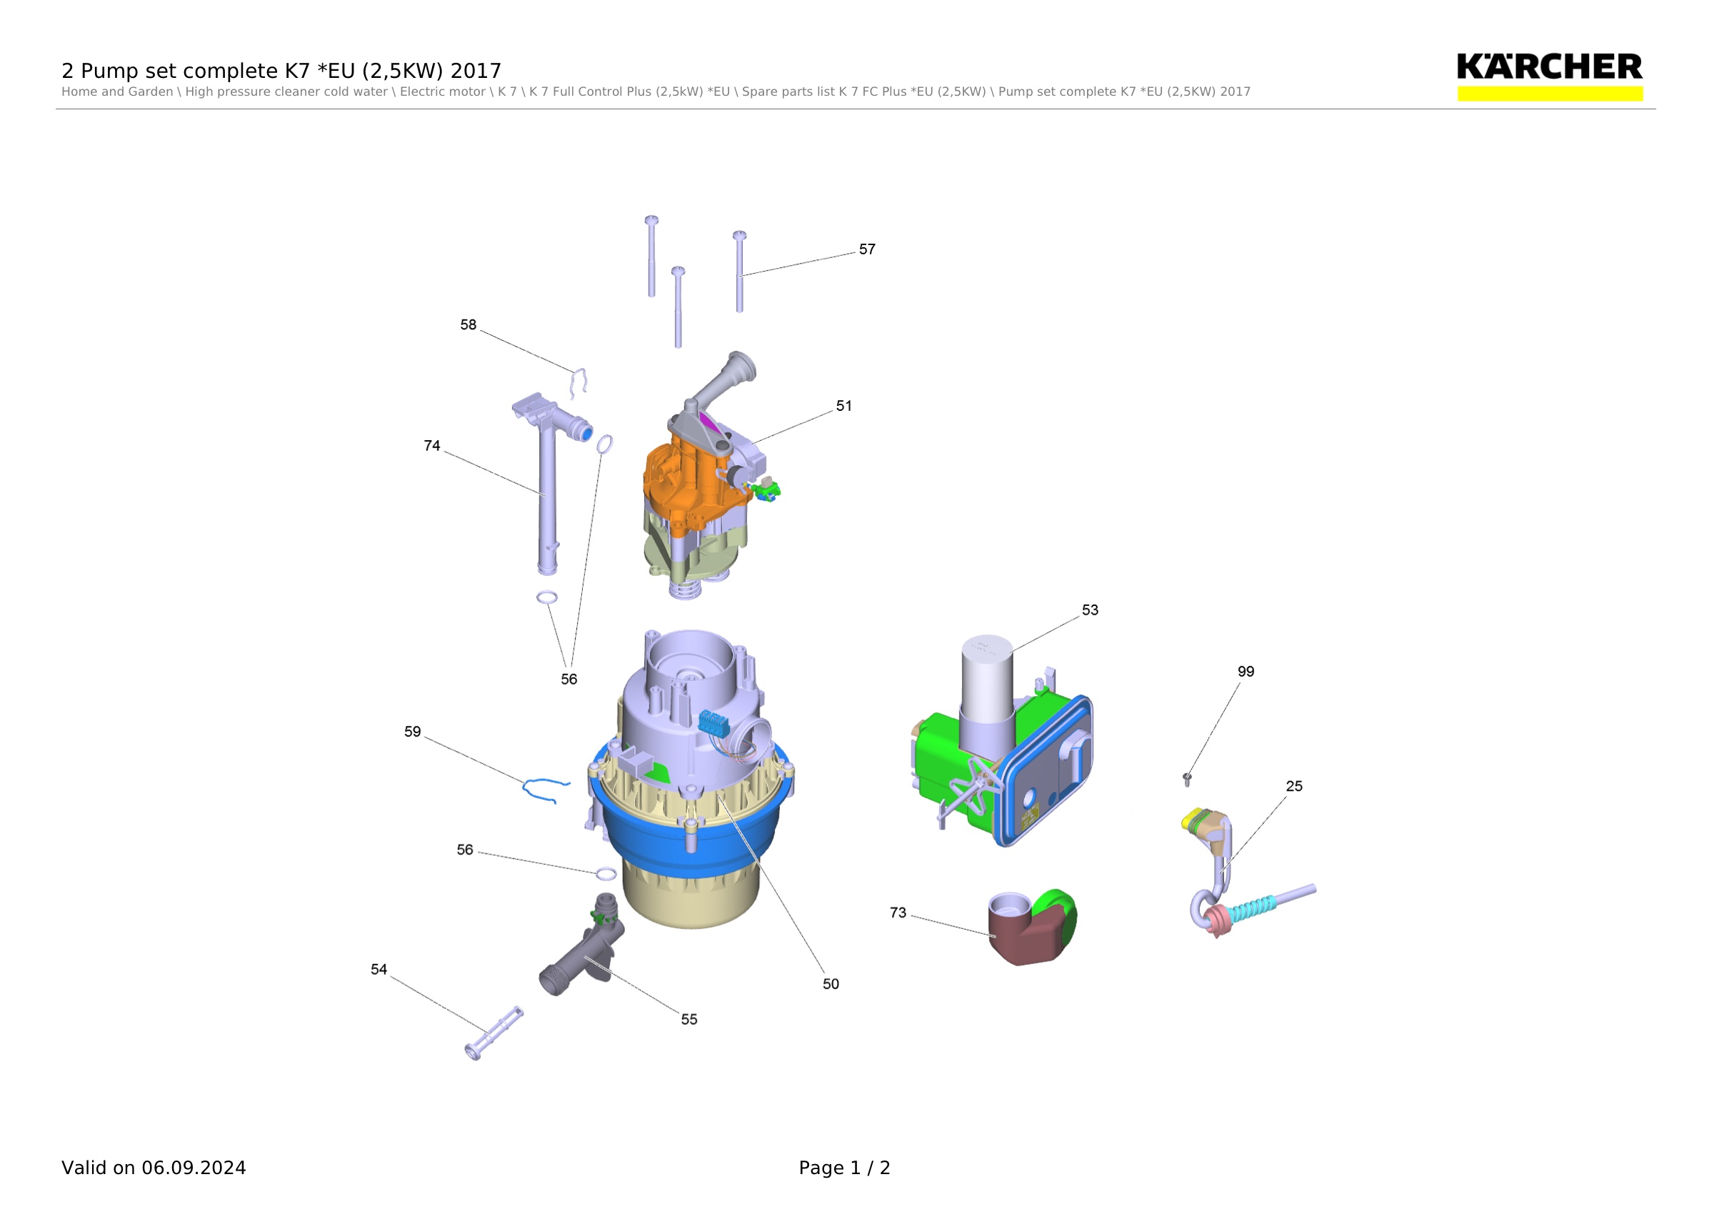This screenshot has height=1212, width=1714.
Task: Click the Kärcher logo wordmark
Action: (1549, 67)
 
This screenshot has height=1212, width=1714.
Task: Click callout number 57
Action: (867, 249)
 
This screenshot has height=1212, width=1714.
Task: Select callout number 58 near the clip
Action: (468, 325)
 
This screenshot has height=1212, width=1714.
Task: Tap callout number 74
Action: (432, 446)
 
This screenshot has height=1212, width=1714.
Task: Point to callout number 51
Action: (843, 406)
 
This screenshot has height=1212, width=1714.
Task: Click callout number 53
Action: (1090, 610)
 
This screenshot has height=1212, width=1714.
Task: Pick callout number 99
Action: (1246, 671)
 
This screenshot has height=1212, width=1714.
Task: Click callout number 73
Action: (898, 913)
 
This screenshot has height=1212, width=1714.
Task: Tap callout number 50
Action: (831, 984)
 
